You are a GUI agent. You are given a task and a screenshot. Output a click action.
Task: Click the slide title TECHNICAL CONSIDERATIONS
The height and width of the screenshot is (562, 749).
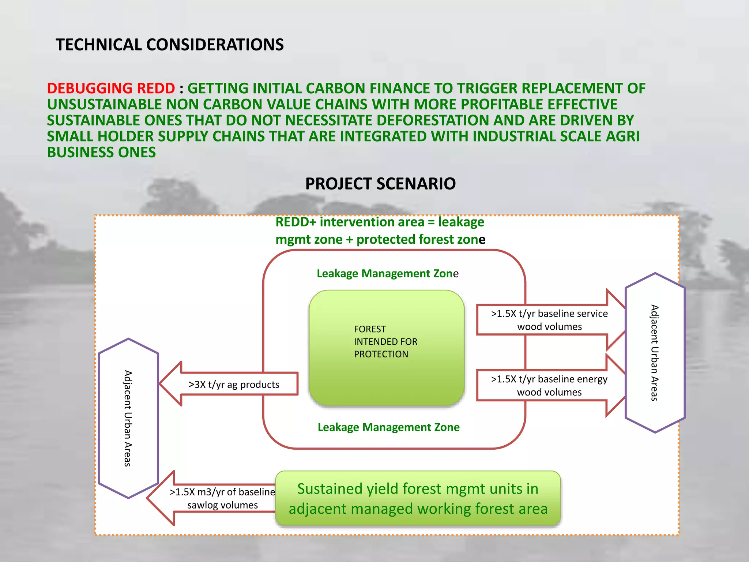169,45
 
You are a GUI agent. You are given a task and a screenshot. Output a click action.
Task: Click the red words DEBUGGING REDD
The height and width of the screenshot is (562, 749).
111,89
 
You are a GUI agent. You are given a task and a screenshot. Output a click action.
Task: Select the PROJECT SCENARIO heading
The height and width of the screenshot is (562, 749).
380,184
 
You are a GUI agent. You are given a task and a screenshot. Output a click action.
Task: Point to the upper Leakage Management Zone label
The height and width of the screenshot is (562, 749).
387,274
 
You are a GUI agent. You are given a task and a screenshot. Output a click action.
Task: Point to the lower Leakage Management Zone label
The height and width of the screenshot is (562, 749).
388,427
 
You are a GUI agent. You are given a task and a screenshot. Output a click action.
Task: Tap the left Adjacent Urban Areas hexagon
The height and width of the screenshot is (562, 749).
128,418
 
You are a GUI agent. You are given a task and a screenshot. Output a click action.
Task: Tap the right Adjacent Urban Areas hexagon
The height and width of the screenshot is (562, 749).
655,353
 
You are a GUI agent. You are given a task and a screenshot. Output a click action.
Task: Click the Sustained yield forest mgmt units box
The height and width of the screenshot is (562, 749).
418,499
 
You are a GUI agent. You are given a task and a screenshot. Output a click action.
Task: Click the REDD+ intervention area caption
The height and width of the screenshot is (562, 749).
380,231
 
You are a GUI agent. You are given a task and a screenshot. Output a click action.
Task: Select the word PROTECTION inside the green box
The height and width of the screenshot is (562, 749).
381,354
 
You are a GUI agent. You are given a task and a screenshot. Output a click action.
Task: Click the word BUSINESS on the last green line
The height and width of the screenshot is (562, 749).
83,153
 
